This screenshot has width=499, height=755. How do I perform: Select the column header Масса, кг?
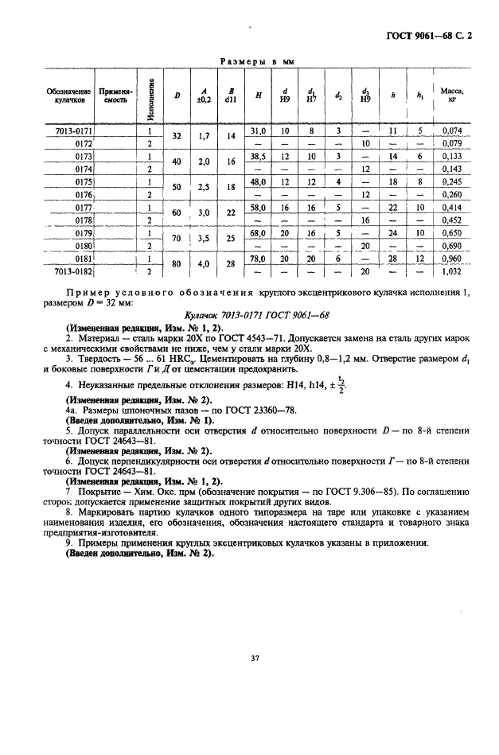coord(452,96)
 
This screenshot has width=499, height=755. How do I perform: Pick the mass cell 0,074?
coord(452,130)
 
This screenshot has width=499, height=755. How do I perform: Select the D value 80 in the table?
coord(177,265)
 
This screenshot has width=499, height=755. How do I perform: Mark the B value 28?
coord(231,265)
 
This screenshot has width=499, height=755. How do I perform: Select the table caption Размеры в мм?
coord(251,60)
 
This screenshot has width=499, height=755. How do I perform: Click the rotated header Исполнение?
coord(150,96)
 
